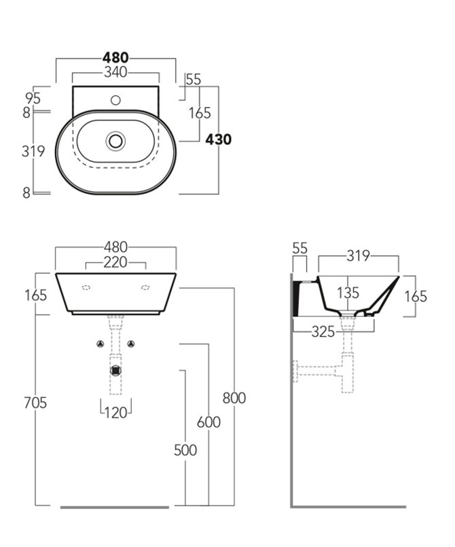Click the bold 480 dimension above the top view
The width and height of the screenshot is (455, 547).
(115, 57)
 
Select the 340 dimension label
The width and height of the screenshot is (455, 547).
(115, 72)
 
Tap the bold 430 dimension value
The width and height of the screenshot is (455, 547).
(218, 139)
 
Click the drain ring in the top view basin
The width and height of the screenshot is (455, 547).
(115, 141)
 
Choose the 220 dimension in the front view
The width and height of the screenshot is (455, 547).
(116, 262)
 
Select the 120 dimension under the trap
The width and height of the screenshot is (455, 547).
(116, 412)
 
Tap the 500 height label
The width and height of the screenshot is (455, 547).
(185, 450)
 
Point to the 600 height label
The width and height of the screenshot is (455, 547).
(208, 422)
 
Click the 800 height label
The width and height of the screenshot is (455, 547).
(234, 398)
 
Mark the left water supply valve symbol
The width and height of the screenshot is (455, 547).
(101, 344)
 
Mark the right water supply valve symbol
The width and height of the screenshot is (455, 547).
(131, 344)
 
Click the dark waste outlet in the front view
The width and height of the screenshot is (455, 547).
(115, 371)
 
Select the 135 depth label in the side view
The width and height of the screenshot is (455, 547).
(348, 294)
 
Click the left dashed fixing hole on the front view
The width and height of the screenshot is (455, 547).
(86, 288)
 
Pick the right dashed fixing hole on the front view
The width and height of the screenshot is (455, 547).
(145, 288)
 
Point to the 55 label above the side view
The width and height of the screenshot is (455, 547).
(299, 249)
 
